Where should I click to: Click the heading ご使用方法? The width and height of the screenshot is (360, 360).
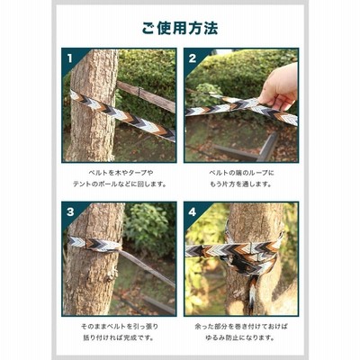[180, 28]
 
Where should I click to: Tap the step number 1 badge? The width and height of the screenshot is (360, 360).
[70, 58]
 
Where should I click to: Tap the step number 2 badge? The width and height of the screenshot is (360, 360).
[193, 58]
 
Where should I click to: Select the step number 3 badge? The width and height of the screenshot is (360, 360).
[70, 212]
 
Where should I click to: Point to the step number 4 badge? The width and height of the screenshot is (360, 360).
[193, 212]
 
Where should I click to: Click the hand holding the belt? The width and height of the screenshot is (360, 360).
[279, 88]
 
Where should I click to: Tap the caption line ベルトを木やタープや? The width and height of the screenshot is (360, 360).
[121, 173]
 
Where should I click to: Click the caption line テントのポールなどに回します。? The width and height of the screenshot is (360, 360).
[120, 184]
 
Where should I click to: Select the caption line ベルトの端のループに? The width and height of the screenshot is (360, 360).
[241, 173]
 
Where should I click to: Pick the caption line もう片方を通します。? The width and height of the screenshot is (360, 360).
[240, 184]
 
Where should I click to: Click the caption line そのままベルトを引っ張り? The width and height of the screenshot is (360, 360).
[120, 327]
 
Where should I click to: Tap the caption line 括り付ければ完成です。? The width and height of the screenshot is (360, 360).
[119, 337]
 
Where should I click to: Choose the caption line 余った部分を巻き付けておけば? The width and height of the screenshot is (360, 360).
[241, 327]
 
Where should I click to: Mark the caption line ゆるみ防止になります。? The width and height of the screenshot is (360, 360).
[240, 337]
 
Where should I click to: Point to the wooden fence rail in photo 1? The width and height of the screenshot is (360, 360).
[146, 95]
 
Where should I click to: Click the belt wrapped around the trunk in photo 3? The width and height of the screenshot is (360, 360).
[94, 244]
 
